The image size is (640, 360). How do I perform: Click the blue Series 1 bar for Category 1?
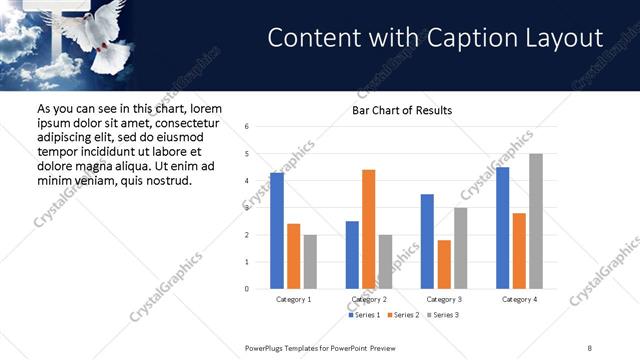277,231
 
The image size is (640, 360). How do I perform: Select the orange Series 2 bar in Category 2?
368,229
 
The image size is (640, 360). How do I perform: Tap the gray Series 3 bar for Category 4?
535,221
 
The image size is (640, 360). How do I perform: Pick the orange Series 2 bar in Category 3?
444,264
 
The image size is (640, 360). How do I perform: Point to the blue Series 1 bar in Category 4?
502,228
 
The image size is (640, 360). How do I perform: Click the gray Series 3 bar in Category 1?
310,262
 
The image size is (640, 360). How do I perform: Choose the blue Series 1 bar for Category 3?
427,241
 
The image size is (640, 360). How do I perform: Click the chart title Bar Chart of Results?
402,110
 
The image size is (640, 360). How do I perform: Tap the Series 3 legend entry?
442,315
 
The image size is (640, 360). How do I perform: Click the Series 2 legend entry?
404,315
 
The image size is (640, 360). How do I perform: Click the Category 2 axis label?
369,299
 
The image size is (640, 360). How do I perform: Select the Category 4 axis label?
519,299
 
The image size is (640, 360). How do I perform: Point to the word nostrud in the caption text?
165,180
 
